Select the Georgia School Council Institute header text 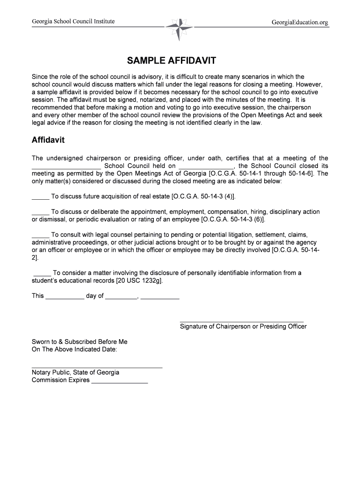73,22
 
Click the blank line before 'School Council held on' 66,167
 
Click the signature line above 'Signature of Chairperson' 242,321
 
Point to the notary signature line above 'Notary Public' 97,367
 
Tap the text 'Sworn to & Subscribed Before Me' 79,342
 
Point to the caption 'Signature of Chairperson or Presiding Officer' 243,327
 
